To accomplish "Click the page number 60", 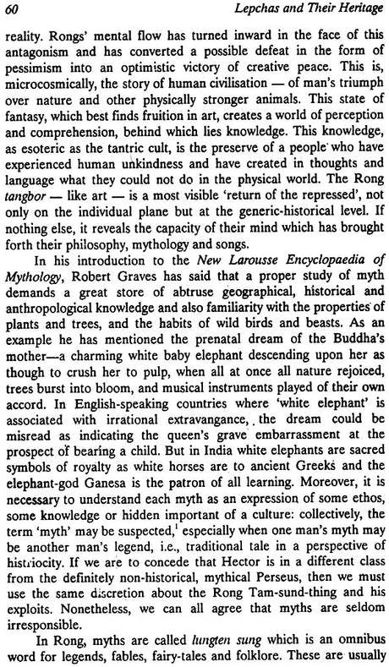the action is pyautogui.click(x=13, y=10).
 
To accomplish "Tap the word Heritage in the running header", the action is pyautogui.click(x=350, y=10).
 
